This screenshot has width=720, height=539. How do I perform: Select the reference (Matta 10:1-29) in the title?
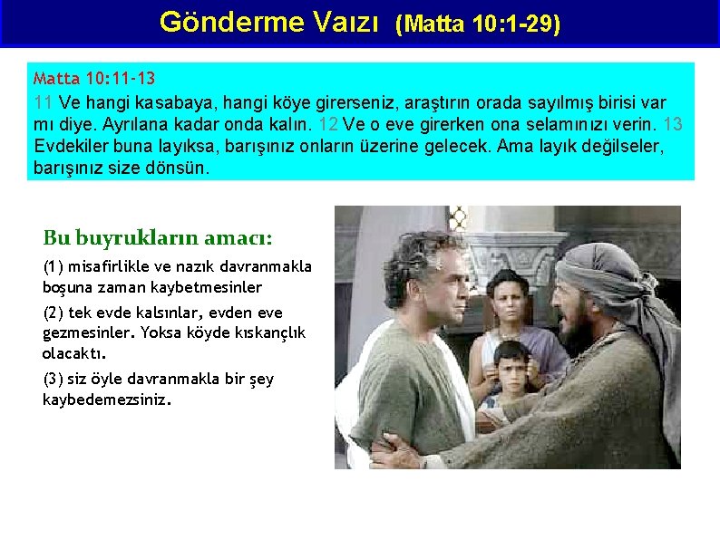tap(478, 24)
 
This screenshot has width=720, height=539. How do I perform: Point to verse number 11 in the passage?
tap(44, 101)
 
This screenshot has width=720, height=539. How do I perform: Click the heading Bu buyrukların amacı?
tap(157, 238)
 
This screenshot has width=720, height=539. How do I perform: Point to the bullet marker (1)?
tap(54, 266)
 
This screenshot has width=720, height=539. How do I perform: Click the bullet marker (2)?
tap(54, 313)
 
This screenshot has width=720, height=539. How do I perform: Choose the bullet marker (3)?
tap(54, 379)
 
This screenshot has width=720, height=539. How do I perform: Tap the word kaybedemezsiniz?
tap(106, 399)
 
